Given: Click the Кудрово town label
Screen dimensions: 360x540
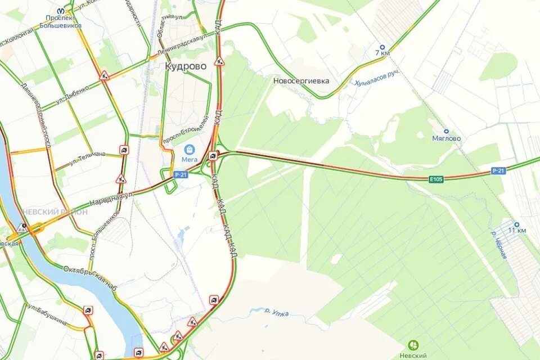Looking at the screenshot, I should [186, 66].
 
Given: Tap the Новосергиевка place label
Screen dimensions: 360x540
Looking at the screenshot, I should [301, 81].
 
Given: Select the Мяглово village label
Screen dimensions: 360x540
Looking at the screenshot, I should [446, 138].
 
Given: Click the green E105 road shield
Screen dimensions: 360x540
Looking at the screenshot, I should [436, 179].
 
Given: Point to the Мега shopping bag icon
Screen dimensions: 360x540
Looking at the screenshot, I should [190, 149].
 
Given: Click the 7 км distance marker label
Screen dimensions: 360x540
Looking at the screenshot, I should [382, 53].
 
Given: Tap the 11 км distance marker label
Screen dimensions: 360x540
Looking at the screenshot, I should [517, 231].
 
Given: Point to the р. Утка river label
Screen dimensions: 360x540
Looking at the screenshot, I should [277, 312].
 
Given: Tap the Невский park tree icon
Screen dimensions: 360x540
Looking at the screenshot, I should [413, 345].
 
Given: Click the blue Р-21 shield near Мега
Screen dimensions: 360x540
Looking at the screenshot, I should [181, 175].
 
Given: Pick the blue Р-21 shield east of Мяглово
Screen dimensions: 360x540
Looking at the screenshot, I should [497, 170].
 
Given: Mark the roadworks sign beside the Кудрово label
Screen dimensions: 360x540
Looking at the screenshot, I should [219, 61].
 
